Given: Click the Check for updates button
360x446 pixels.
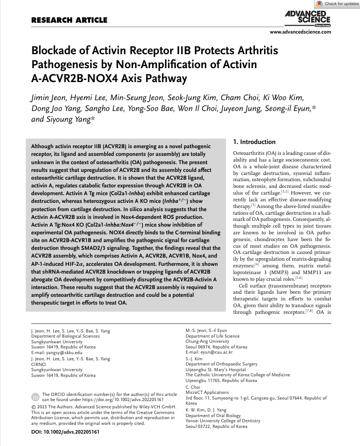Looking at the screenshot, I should click(x=338, y=4).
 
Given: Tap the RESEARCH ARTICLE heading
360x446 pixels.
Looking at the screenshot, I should click(x=69, y=21).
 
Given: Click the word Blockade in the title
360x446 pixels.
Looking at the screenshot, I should click(x=55, y=51).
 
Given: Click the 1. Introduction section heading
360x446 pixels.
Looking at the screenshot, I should click(x=254, y=141).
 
